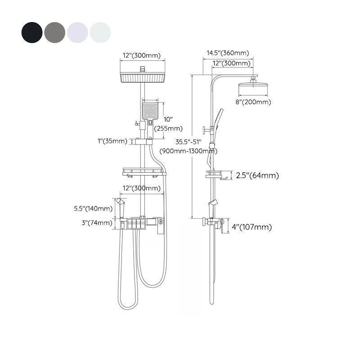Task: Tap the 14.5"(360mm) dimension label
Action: pos(228,53)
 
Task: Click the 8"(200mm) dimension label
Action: pos(254,102)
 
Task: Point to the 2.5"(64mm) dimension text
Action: pos(257,175)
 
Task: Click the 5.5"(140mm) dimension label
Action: pos(93,208)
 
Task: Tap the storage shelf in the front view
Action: pos(142,171)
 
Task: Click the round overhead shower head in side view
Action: pos(254,88)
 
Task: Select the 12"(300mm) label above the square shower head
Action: pos(142,56)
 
